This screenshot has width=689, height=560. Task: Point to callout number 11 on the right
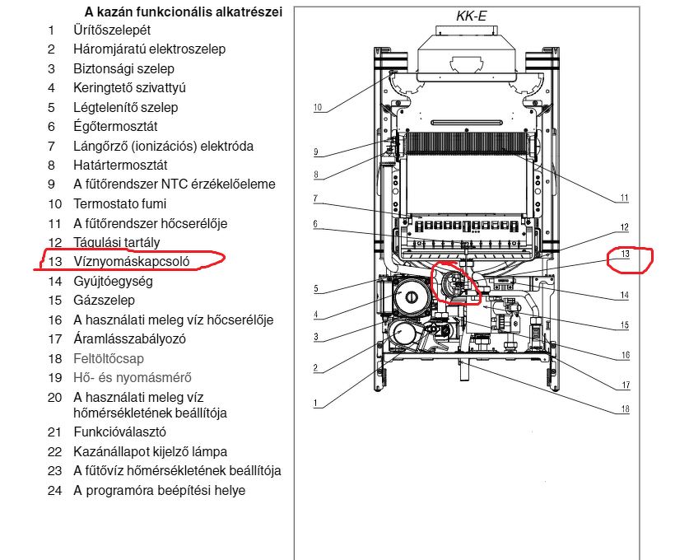[x=625, y=198]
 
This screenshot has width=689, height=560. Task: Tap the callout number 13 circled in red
[x=625, y=254]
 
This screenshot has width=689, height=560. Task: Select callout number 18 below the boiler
[x=625, y=408]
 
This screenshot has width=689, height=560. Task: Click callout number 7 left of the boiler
[x=315, y=198]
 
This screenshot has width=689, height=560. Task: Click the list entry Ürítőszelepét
[x=112, y=30]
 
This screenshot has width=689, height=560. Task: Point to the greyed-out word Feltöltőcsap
[x=108, y=358]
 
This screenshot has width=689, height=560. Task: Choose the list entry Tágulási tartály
[x=117, y=242]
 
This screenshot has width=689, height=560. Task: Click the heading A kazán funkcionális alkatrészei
[x=184, y=12]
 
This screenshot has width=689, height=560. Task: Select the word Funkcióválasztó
[x=120, y=431]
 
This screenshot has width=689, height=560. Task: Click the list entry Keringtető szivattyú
[x=130, y=87]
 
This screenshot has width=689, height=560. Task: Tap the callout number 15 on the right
[x=625, y=325]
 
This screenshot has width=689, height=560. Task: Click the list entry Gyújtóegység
[x=113, y=281]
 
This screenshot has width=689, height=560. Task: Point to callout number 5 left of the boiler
[x=315, y=288]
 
